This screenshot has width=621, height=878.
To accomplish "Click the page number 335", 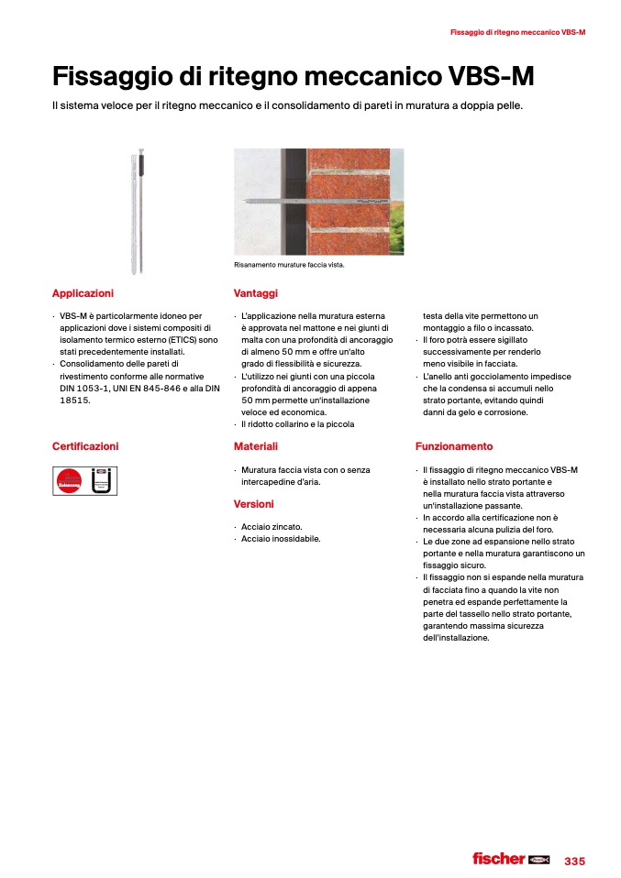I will (574, 861).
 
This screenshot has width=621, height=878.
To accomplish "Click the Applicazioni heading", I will (83, 293).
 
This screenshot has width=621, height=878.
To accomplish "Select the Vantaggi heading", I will (256, 293).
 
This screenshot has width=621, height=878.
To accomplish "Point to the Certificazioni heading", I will (85, 446).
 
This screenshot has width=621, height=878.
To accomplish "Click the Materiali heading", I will (256, 446).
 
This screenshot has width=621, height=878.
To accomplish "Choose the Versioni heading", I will (254, 504).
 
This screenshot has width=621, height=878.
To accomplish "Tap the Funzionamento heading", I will (454, 446).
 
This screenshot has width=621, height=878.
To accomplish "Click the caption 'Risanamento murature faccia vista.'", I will (289, 266).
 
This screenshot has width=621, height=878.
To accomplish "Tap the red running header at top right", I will (517, 32).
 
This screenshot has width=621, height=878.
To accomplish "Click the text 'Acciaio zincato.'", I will (272, 527).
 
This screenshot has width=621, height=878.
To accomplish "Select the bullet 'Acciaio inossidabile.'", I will (281, 539).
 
